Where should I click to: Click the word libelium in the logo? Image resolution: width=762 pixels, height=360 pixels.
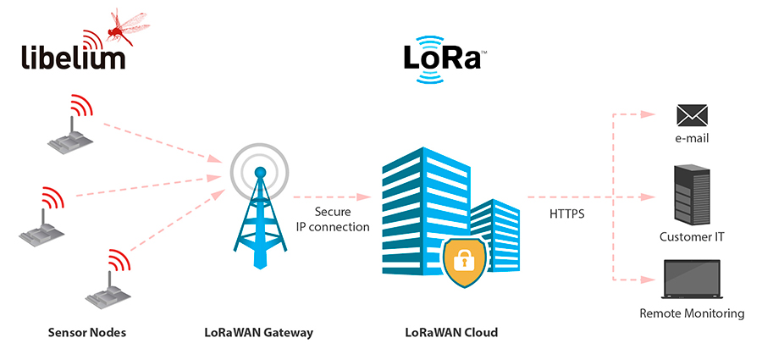[x=74, y=56]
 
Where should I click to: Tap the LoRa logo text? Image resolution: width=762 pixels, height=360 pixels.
[x=442, y=58]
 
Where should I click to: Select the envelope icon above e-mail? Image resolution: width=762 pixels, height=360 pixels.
[x=692, y=116]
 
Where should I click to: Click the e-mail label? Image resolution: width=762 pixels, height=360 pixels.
[x=692, y=139]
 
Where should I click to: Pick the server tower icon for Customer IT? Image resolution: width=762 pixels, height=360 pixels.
[x=692, y=195]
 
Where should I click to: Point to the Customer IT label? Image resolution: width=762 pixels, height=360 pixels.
[x=692, y=237]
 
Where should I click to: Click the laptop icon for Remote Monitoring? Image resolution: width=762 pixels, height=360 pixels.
[x=692, y=280]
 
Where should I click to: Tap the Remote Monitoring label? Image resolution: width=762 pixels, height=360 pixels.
[x=692, y=313]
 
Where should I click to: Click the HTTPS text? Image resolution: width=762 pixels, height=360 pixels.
[x=566, y=214]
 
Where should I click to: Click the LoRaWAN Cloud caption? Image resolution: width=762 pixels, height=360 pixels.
[x=451, y=333]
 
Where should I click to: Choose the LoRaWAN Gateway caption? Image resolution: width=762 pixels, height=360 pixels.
[x=258, y=333]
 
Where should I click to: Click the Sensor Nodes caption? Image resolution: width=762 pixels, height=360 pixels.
[x=87, y=333]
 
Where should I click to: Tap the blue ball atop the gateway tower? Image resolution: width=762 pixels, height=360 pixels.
[x=261, y=172]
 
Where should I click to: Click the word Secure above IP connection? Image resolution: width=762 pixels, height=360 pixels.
[x=333, y=212]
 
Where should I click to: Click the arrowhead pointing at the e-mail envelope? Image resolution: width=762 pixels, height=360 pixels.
[x=648, y=115]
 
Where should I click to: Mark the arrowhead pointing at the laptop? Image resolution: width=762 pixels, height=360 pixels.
[x=648, y=280]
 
